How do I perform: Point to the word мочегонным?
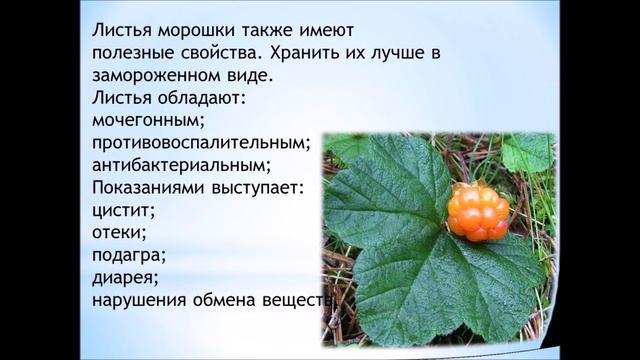(147, 122)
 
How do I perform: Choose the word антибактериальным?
(180, 166)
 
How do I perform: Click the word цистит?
(123, 211)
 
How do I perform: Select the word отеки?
(118, 233)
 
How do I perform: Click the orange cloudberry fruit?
(478, 211)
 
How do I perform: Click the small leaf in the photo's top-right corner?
(526, 152)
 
